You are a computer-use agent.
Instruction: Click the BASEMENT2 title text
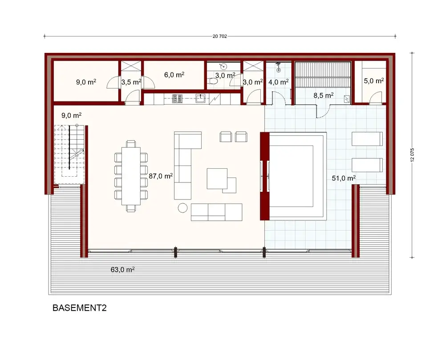pyautogui.click(x=80, y=308)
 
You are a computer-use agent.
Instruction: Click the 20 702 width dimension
pyautogui.click(x=220, y=36)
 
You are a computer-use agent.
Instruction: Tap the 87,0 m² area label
pyautogui.click(x=161, y=176)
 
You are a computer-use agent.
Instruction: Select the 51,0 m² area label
pyautogui.click(x=344, y=178)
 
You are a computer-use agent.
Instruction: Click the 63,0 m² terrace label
pyautogui.click(x=122, y=270)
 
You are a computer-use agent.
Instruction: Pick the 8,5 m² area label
pyautogui.click(x=324, y=95)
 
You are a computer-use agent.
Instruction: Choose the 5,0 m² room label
pyautogui.click(x=373, y=81)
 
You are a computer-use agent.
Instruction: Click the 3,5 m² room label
pyautogui.click(x=131, y=82)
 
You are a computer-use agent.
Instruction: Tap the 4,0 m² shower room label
pyautogui.click(x=279, y=82)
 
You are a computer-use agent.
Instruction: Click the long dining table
pyautogui.click(x=131, y=175)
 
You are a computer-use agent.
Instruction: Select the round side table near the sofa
pyautogui.click(x=182, y=207)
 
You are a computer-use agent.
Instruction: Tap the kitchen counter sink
pyautogui.click(x=201, y=97)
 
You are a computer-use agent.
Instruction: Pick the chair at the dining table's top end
pyautogui.click(x=131, y=143)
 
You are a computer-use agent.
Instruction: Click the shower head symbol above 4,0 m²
pyautogui.click(x=279, y=69)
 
